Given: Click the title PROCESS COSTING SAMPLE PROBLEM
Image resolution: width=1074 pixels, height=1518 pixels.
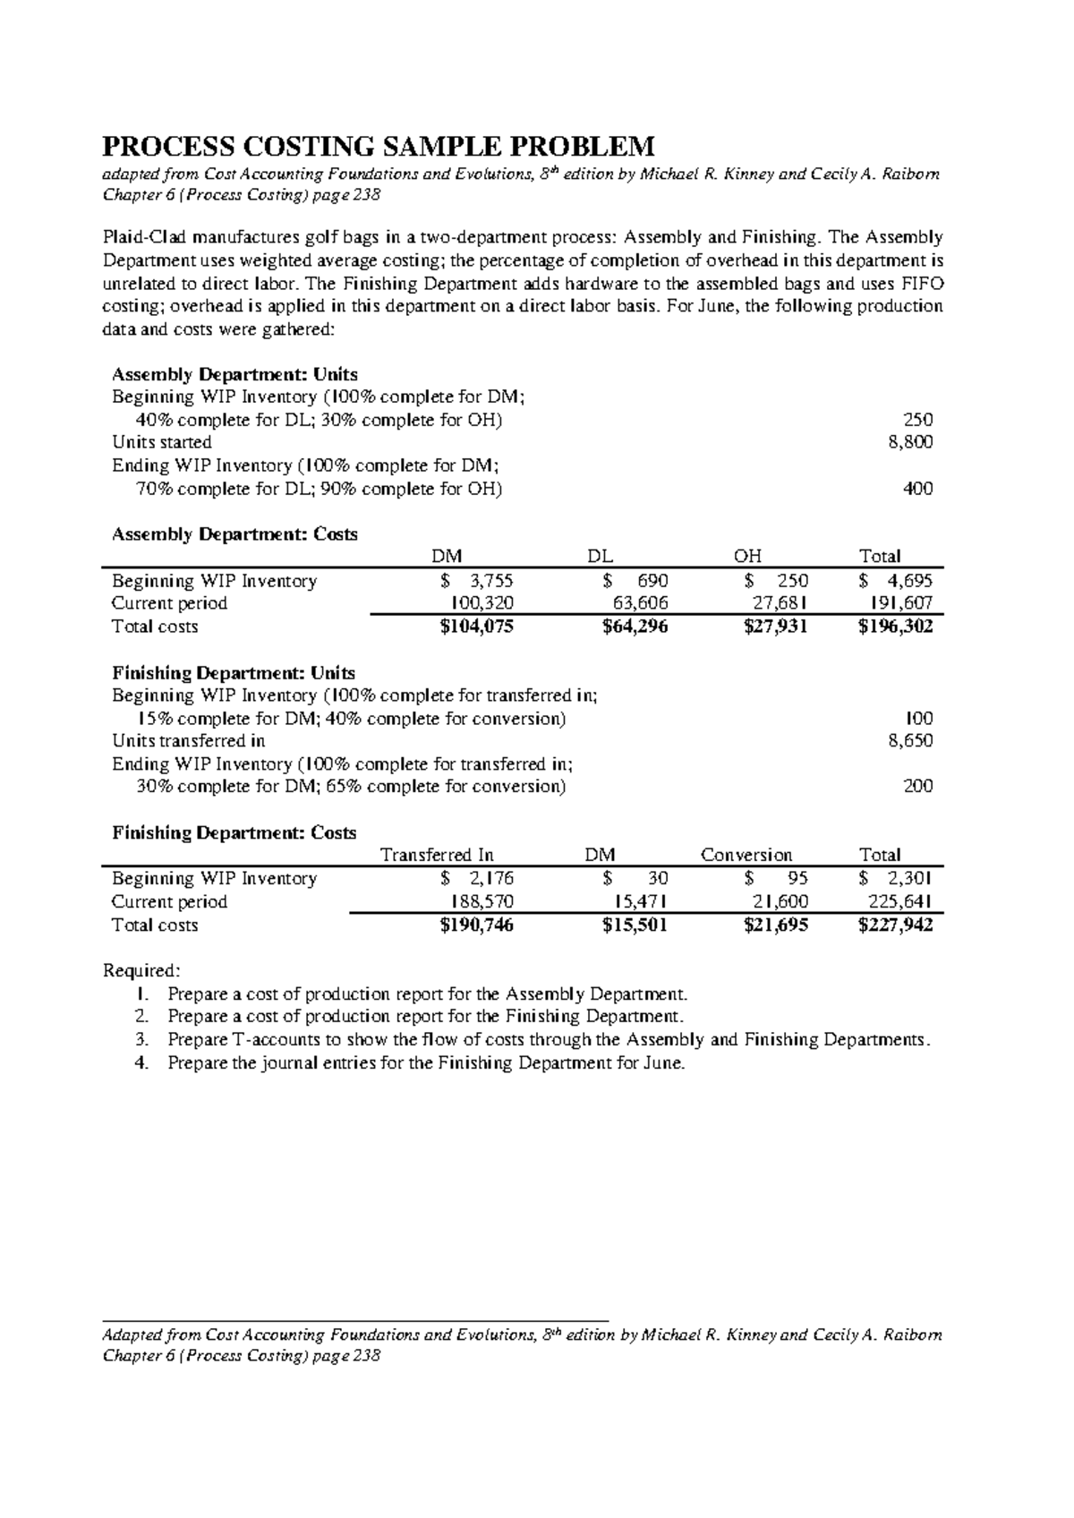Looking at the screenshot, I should click(x=379, y=145).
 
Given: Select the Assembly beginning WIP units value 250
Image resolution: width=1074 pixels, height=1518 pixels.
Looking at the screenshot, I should click(x=917, y=420).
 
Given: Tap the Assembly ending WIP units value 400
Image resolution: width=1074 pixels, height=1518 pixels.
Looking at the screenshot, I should click(x=917, y=489).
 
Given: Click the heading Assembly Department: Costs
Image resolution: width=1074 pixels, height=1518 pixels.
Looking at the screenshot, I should click(x=234, y=534).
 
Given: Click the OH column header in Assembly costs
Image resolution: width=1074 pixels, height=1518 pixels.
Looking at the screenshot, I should click(x=747, y=557).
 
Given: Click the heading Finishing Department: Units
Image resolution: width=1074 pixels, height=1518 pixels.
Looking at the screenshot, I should click(x=234, y=673).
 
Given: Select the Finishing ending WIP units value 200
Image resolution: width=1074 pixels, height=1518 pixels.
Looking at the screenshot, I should click(x=917, y=787).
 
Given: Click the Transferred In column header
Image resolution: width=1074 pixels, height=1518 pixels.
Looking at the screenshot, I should click(x=437, y=855).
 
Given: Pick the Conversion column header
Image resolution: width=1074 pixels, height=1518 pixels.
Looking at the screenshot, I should click(x=746, y=855).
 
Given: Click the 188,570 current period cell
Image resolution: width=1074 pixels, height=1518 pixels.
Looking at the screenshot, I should click(x=482, y=902).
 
